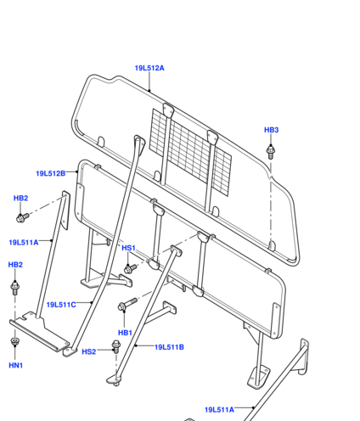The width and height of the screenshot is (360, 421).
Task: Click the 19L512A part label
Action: click(149, 68)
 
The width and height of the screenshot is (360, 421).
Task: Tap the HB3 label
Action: click(271, 130)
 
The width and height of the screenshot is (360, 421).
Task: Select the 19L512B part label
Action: click(51, 173)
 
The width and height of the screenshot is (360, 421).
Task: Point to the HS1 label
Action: click(128, 248)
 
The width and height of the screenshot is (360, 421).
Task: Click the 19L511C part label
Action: click(61, 305)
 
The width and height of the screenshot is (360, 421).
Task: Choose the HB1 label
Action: click(125, 333)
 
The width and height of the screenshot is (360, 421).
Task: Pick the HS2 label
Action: click(89, 351)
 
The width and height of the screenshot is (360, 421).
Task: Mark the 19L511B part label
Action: click(169, 347)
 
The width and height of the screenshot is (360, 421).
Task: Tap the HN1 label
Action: click(16, 366)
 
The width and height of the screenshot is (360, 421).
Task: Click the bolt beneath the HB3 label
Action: click(271, 152)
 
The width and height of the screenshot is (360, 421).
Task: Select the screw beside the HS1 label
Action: click(130, 268)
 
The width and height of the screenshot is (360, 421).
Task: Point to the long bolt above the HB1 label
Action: click(127, 304)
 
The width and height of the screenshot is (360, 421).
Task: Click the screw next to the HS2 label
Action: click(116, 346)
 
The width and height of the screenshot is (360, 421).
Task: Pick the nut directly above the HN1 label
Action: click(15, 341)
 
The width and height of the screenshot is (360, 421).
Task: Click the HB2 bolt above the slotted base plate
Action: click(15, 288)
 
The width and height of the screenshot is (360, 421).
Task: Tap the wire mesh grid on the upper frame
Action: click(190, 152)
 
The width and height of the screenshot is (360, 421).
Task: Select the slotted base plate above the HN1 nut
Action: click(40, 331)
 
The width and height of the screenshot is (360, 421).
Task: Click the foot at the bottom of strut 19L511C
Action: click(70, 351)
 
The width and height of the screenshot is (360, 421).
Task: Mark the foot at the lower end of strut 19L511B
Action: click(114, 379)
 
